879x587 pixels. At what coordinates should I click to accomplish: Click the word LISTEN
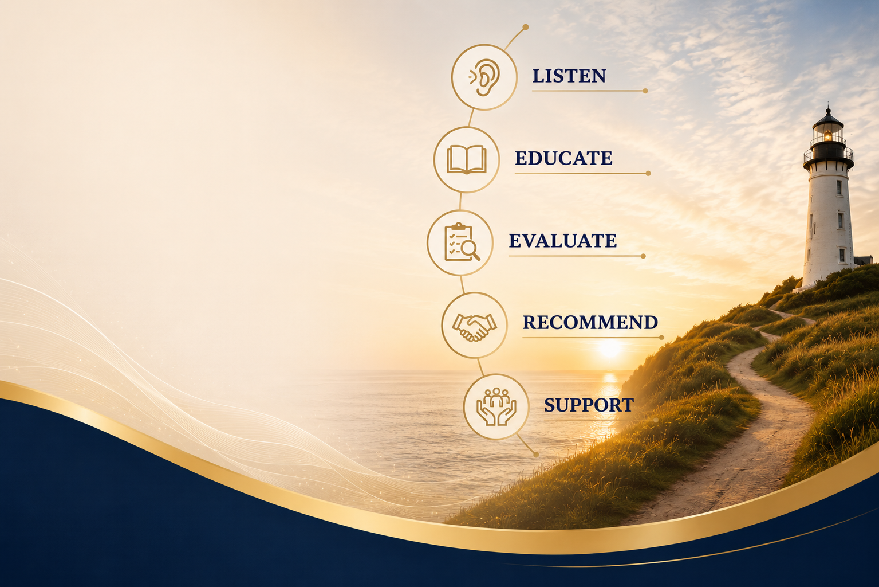569,76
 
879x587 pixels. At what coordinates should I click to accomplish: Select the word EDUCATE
563,158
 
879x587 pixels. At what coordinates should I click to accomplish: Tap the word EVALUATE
563,241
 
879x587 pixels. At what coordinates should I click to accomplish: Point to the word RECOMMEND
590,323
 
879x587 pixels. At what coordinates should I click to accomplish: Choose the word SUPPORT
589,405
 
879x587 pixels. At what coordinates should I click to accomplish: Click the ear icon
485,77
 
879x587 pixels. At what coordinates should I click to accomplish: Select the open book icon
467,159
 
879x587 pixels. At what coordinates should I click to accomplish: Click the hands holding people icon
496,406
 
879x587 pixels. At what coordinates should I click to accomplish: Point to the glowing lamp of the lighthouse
828,135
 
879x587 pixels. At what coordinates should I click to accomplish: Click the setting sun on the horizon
609,349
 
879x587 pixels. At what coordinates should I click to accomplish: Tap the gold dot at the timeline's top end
526,27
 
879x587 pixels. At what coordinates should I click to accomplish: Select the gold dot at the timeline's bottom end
536,455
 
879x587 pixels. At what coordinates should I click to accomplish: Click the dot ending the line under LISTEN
645,91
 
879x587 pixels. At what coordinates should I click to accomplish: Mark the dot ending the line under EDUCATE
648,173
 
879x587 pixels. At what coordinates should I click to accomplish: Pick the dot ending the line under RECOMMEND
661,338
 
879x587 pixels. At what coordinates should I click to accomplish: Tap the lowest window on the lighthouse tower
842,256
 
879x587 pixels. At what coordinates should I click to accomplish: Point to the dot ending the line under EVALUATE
643,256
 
